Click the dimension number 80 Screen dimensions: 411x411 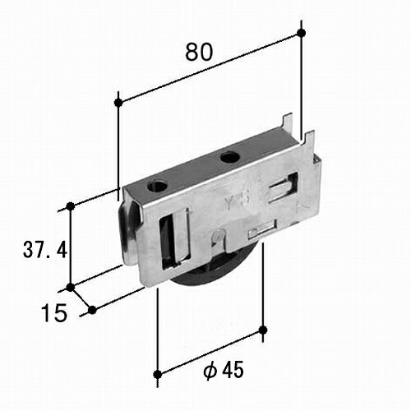tap(199, 52)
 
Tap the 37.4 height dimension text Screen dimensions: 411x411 tap(45, 250)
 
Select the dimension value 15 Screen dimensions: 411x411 tap(54, 313)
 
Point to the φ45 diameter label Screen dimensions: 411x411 tap(224, 370)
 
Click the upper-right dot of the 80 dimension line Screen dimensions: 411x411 tap(302, 33)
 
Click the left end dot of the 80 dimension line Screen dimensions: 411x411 tap(118, 103)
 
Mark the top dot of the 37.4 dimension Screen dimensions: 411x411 tap(71, 206)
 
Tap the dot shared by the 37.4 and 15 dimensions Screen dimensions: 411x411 tap(71, 288)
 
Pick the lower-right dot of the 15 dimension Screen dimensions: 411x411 tap(92, 310)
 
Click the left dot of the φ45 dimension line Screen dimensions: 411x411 tap(157, 374)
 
